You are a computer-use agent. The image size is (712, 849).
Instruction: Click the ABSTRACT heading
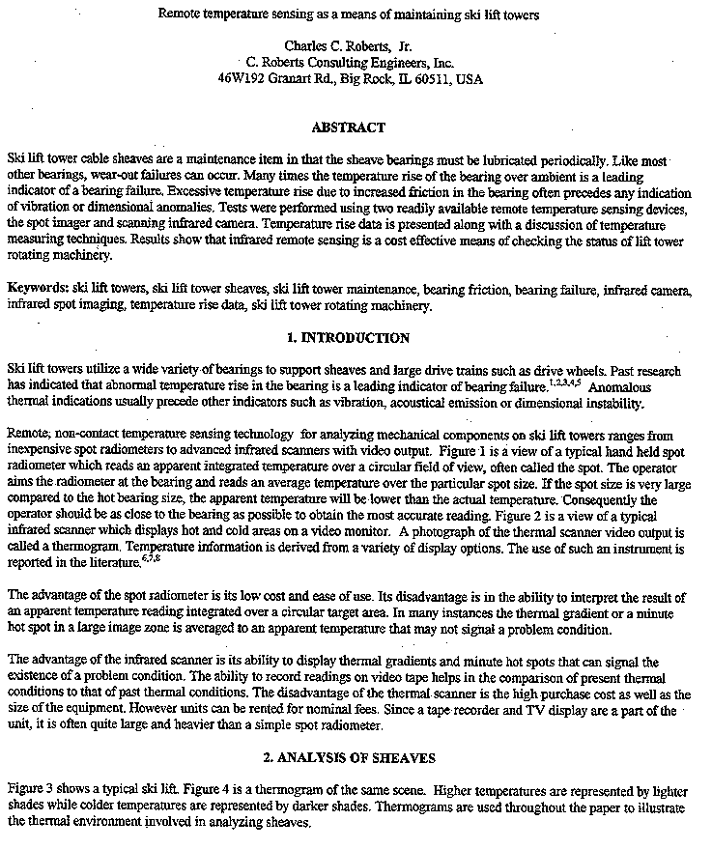pyautogui.click(x=349, y=127)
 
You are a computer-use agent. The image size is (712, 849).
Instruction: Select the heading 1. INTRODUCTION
pyautogui.click(x=348, y=338)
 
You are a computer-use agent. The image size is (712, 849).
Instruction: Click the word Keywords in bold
pyautogui.click(x=37, y=289)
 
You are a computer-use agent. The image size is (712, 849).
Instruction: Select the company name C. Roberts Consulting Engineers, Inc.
pyautogui.click(x=348, y=63)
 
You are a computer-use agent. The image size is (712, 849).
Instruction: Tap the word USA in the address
pyautogui.click(x=470, y=79)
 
